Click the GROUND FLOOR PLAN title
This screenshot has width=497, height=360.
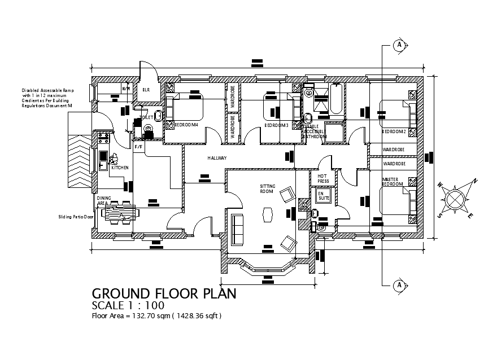click(x=164, y=293)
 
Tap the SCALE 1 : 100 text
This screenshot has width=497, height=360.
click(x=128, y=306)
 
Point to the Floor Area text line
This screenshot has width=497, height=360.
click(x=156, y=316)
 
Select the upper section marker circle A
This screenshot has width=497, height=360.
click(x=399, y=45)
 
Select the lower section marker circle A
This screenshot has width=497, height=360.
click(x=399, y=285)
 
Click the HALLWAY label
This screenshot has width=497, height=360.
click(x=216, y=158)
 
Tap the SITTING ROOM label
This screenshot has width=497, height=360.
click(x=267, y=188)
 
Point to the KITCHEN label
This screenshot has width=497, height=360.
click(x=120, y=168)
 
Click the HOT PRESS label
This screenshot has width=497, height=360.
click(x=323, y=178)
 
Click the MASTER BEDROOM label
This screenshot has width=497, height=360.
click(x=392, y=182)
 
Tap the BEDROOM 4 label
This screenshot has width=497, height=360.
click(x=186, y=124)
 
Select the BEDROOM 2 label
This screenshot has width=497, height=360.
click(x=394, y=131)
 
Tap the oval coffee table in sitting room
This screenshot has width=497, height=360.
click(x=267, y=214)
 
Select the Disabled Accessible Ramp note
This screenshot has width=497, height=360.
click(x=47, y=98)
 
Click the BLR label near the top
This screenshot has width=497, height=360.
click(x=146, y=90)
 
